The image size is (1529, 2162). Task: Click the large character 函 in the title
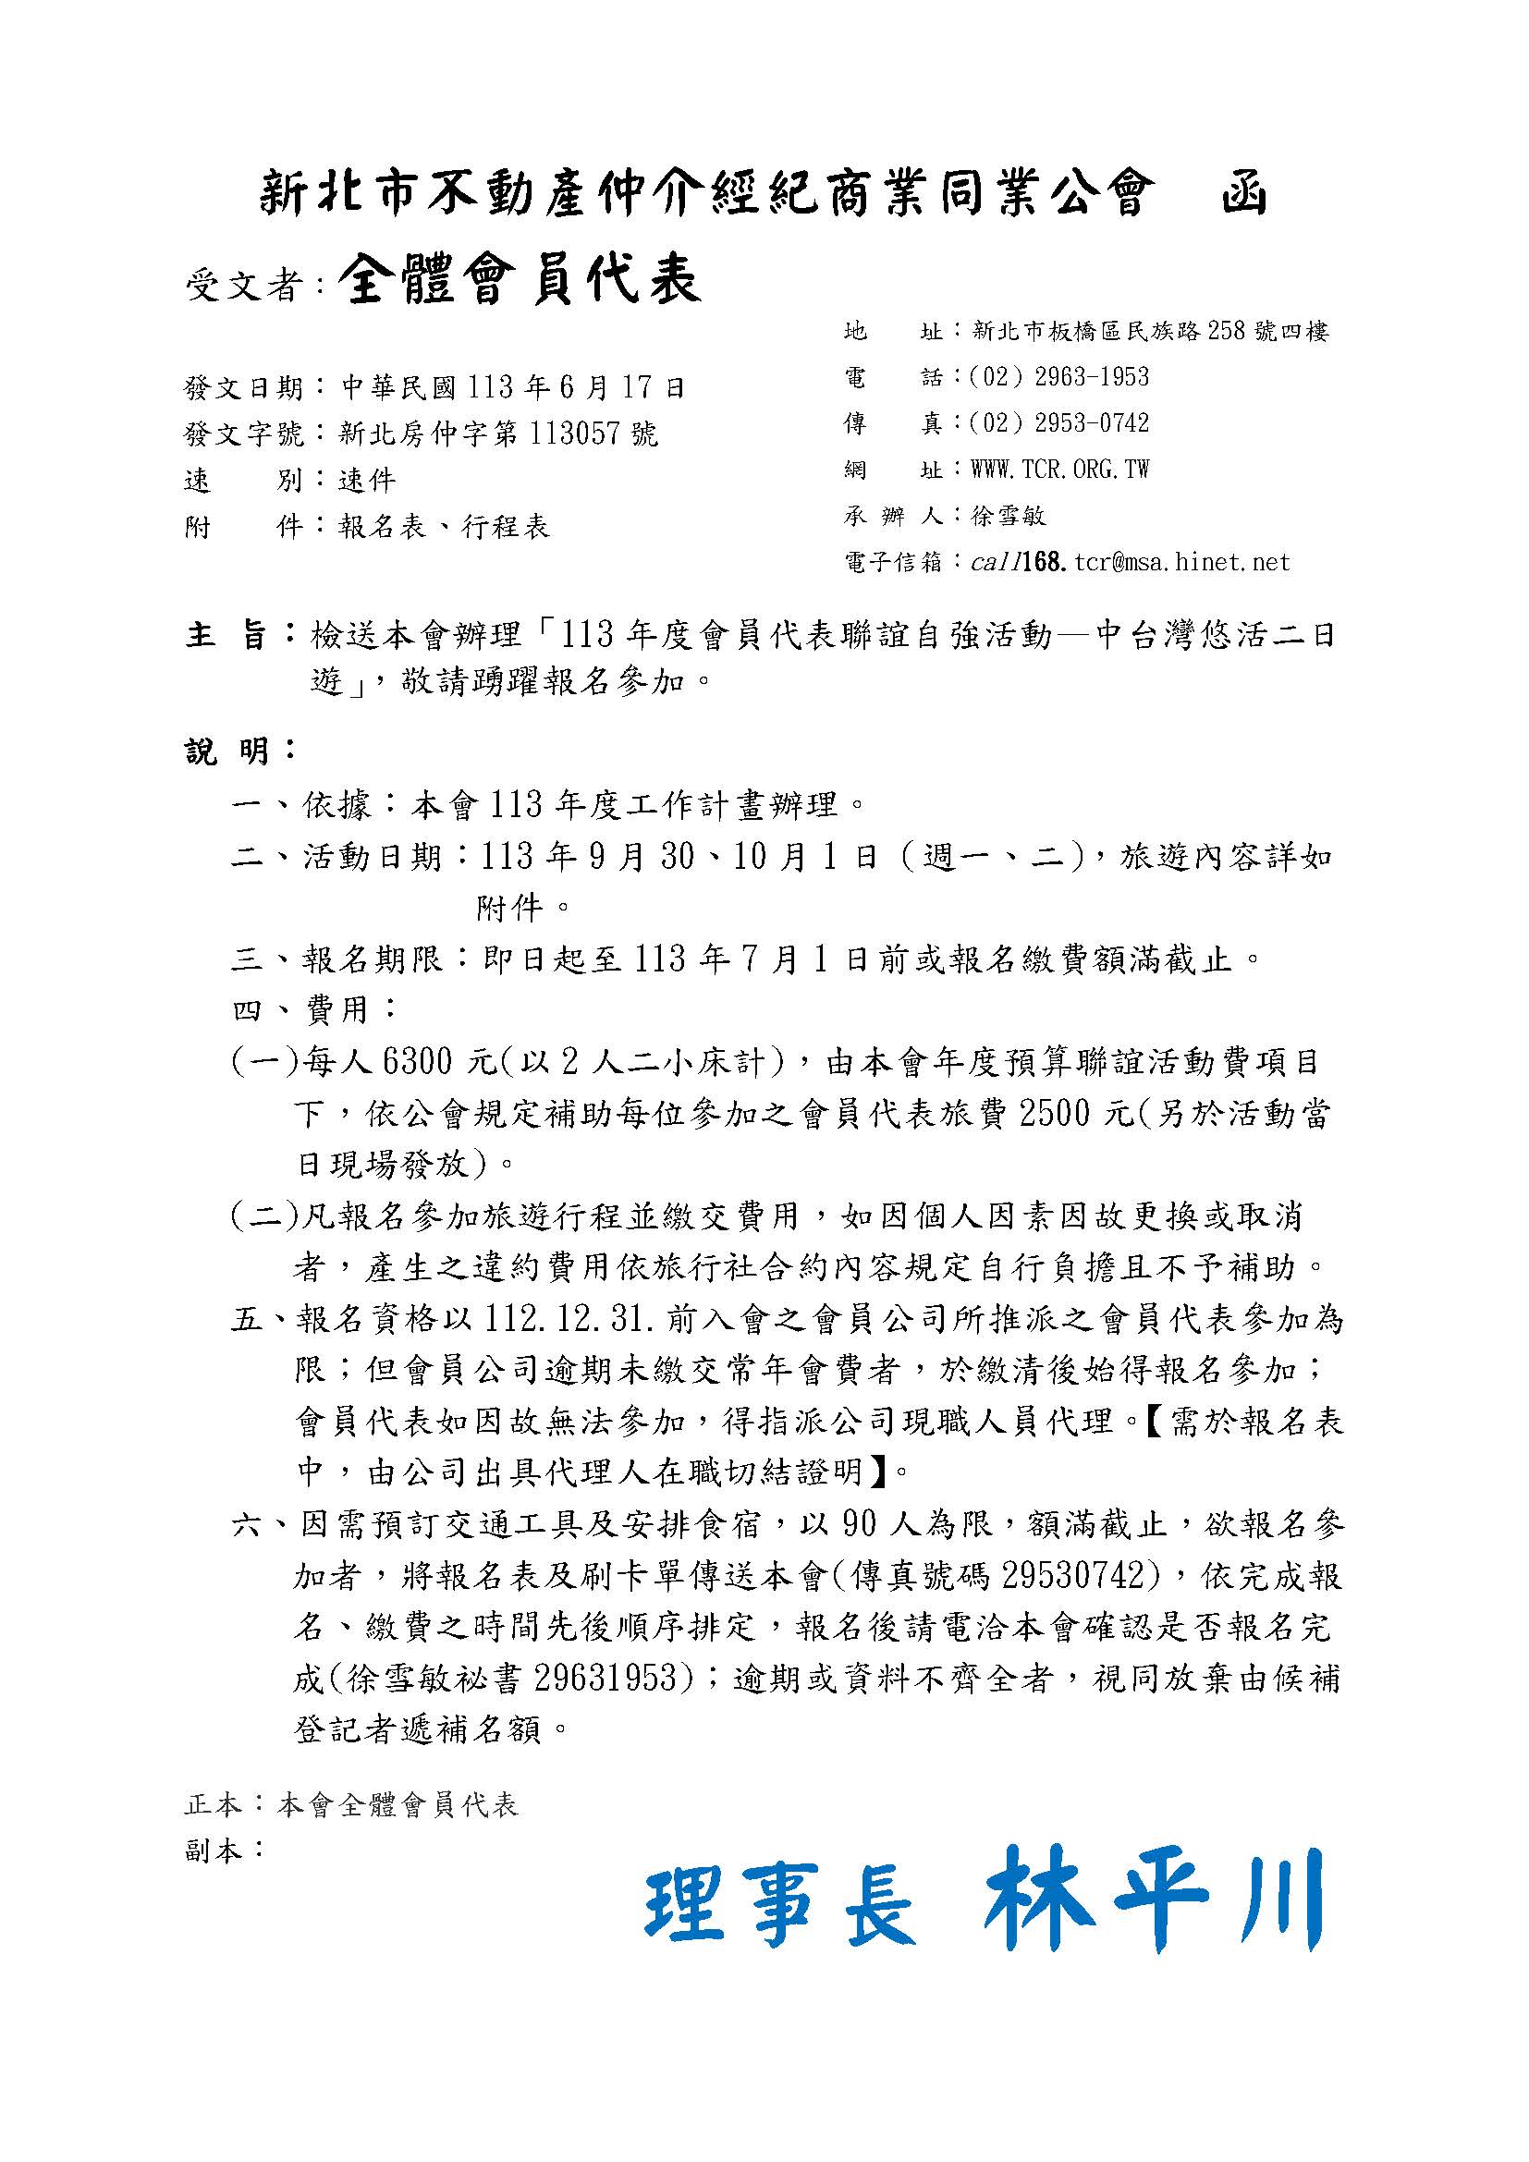coord(1242,195)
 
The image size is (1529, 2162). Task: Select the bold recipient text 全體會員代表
coord(520,280)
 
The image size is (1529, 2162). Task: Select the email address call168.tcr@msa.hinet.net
coord(1130,562)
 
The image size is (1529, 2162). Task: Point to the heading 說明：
coord(240,751)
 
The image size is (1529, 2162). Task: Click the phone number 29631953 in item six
coord(605,1677)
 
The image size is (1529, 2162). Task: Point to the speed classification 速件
coord(367,481)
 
